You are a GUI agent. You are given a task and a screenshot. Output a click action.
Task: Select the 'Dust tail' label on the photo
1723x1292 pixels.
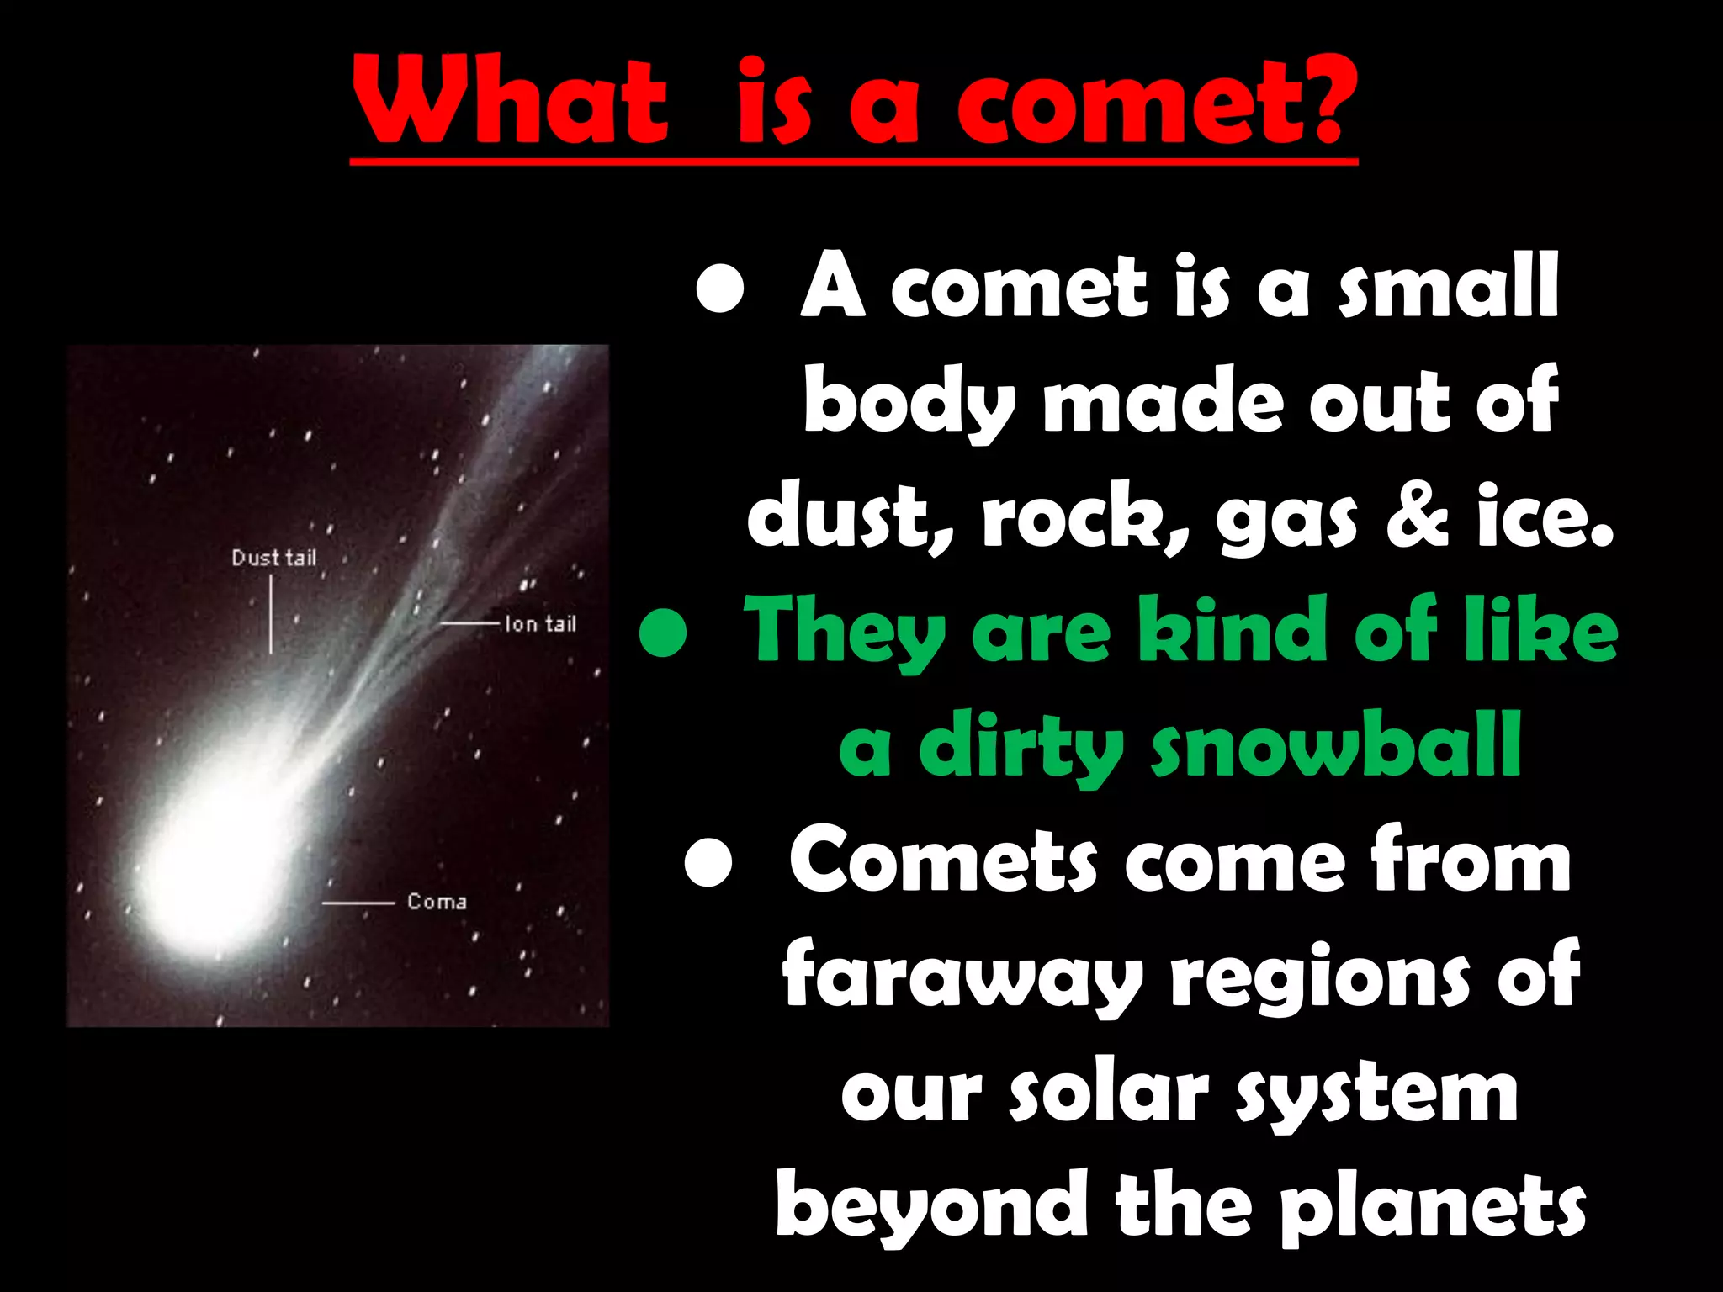[273, 558]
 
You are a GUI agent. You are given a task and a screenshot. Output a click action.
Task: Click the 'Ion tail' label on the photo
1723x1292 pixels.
[540, 623]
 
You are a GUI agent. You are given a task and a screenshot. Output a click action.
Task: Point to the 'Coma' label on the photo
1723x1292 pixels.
[437, 902]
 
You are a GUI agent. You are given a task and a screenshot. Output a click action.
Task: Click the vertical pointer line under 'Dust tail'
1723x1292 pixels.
[270, 614]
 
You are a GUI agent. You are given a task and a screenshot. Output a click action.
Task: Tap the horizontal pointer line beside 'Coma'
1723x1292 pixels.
[358, 903]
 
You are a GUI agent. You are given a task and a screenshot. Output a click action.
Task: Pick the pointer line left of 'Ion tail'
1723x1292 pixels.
[470, 623]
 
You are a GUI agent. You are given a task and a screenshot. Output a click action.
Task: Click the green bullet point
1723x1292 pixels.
[663, 634]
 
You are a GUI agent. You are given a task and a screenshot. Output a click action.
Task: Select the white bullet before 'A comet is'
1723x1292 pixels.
[721, 290]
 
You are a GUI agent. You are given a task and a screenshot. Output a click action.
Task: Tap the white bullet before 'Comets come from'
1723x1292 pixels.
[708, 864]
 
